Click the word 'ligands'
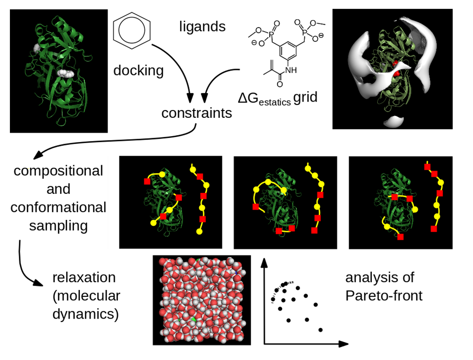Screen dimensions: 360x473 202,26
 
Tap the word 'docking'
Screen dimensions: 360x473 138,70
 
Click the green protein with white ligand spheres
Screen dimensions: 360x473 59,71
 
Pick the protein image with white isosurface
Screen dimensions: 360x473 392,69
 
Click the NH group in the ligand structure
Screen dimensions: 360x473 291,70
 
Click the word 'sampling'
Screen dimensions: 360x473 58,225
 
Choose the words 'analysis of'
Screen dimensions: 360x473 380,278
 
